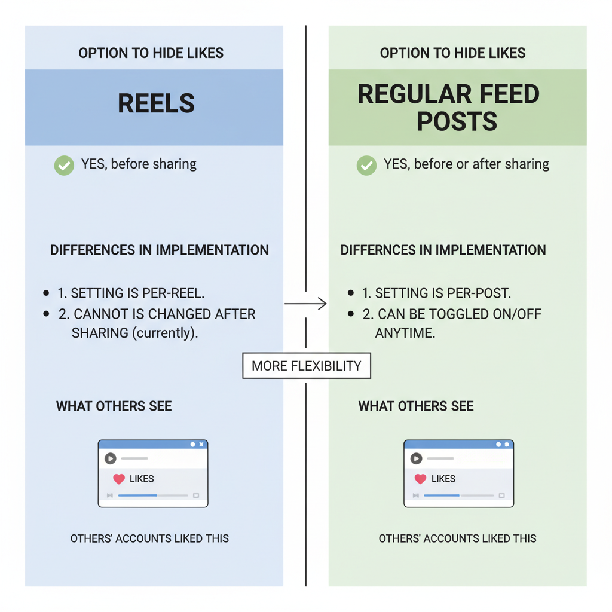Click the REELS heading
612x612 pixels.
156,103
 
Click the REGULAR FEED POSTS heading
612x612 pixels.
449,108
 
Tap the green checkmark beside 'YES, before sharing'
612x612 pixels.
64,164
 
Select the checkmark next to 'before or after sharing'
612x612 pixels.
366,164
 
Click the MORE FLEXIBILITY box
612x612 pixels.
306,366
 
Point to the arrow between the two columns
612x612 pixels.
306,304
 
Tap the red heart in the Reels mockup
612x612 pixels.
119,479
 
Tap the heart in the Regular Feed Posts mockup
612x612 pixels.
420,479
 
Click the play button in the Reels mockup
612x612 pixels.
110,458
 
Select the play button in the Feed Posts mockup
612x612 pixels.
416,458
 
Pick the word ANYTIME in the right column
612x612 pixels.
405,333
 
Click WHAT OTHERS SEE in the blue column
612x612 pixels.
114,407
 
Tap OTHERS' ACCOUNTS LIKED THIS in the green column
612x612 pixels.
457,538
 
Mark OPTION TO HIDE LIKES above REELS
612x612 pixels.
151,53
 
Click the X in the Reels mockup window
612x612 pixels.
201,445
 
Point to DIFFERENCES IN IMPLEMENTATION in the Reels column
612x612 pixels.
159,250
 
